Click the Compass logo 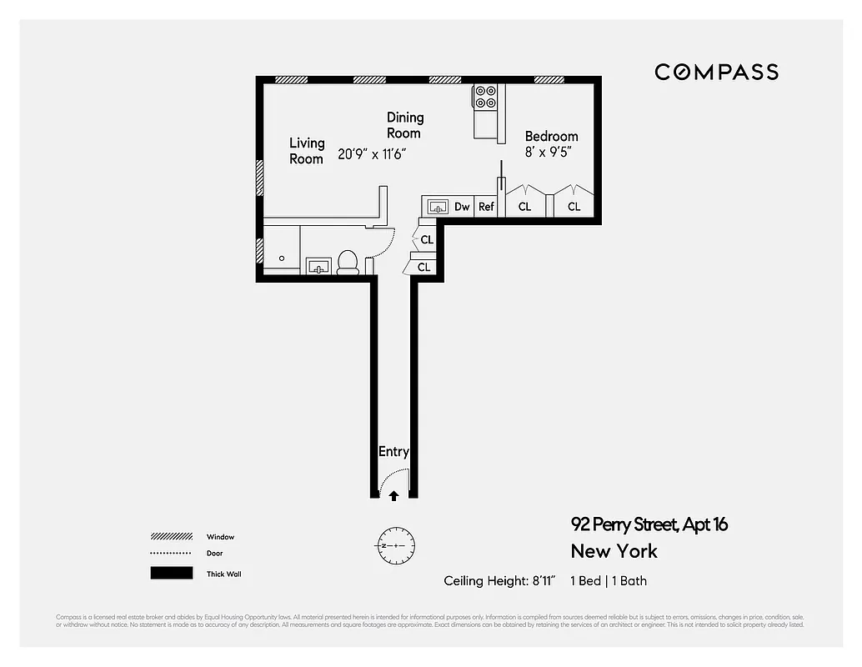pos(716,73)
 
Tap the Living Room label pos(307,151)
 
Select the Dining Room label pos(404,125)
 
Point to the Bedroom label pos(551,136)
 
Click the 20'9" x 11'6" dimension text pos(372,154)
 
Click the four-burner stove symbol pos(486,97)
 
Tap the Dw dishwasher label pos(462,207)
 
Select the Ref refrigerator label pos(486,207)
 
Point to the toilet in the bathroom pos(348,263)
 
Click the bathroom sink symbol pos(318,266)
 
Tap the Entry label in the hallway pos(393,452)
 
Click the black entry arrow pos(393,495)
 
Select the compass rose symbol pos(393,546)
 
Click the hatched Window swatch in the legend pos(171,537)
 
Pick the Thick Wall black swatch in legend pos(171,574)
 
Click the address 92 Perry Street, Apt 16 pos(649,524)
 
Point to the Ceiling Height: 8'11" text pos(499,581)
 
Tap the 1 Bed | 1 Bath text pos(609,581)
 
